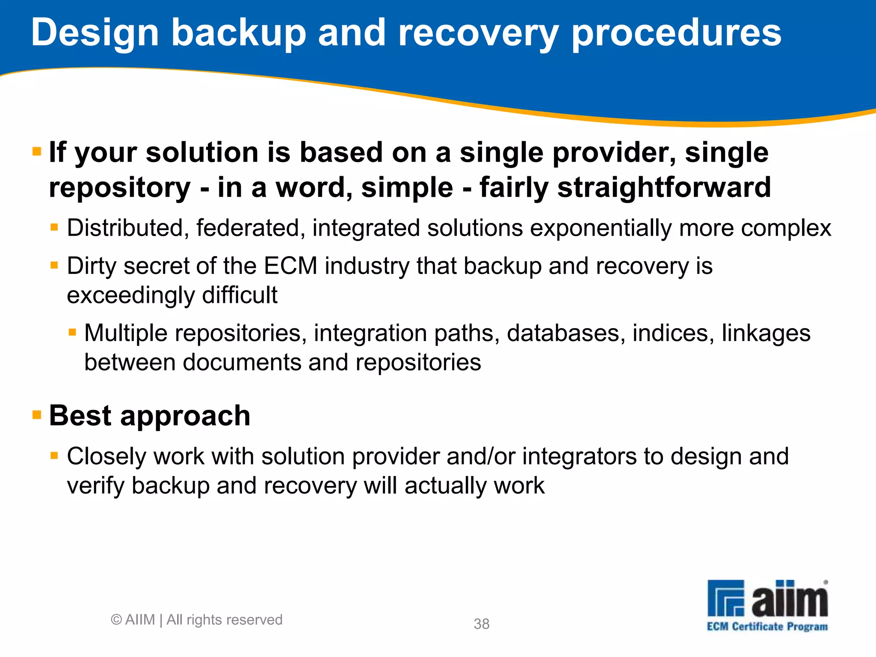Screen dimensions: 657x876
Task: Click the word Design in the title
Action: coord(95,33)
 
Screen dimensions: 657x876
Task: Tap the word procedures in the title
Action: coord(676,33)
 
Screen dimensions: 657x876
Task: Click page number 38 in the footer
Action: coord(482,624)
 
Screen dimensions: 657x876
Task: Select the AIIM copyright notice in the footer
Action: coord(196,620)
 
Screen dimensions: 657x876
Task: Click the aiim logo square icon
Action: coord(726,598)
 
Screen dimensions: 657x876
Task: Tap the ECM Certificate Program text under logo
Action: coord(767,627)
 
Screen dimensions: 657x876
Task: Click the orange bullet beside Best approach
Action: coord(37,414)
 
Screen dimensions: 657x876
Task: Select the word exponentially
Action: coord(601,228)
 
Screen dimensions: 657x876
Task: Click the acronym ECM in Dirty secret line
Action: coord(290,266)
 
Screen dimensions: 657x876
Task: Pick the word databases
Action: coord(563,333)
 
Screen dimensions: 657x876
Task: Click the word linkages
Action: coord(766,333)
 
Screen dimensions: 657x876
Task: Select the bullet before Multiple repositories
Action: coord(72,332)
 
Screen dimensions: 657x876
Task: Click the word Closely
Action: coord(107,457)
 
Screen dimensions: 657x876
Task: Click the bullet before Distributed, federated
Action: coord(54,227)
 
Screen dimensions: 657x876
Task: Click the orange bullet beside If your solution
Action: coord(37,151)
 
